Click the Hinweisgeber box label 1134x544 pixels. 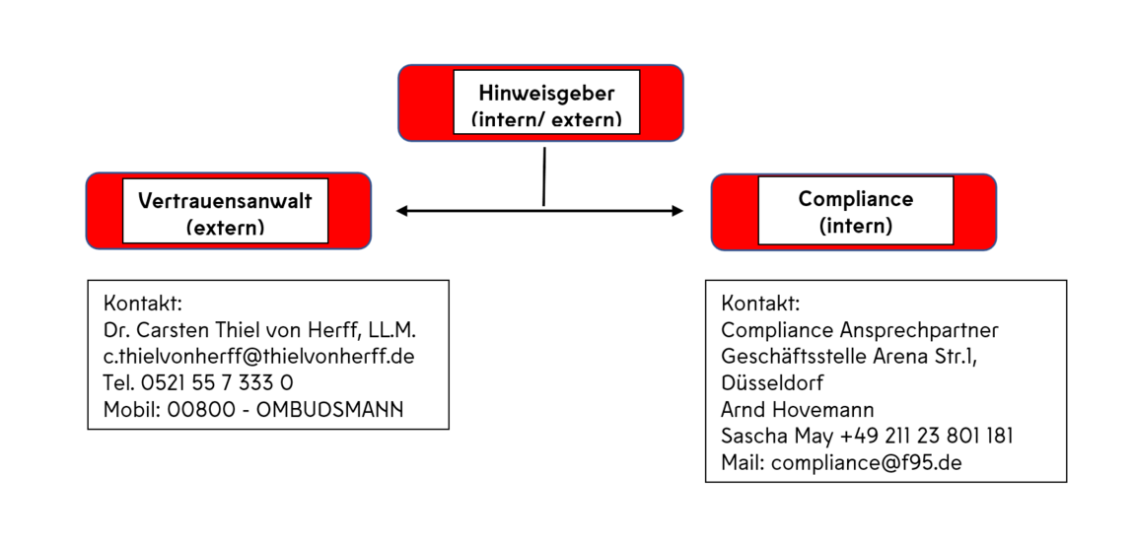point(546,104)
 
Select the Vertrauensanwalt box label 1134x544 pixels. point(225,213)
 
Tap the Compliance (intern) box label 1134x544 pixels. point(856,211)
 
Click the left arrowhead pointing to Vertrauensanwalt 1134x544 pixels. point(401,211)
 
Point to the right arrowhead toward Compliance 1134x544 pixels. point(677,211)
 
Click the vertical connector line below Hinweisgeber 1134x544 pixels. point(544,177)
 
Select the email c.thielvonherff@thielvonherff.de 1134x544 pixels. point(259,356)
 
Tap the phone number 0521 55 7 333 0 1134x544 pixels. point(217,382)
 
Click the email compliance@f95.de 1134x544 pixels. point(867,462)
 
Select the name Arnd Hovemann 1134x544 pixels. point(797,410)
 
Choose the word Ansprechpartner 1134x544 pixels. point(918,330)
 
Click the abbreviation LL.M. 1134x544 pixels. point(391,330)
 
